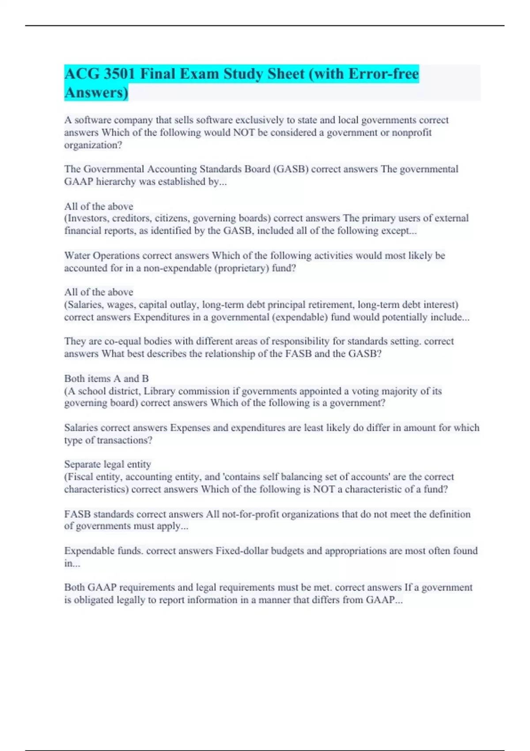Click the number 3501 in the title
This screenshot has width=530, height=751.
(x=119, y=74)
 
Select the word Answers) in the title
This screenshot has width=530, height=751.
(x=96, y=92)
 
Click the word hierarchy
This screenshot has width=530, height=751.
(x=118, y=182)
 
